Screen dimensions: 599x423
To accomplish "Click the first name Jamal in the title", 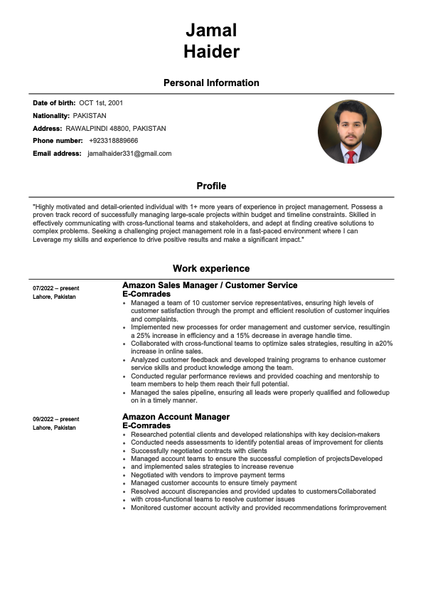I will coord(211,30).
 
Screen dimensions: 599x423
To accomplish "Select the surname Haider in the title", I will coord(211,51).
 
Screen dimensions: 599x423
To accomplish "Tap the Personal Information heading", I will coord(211,83).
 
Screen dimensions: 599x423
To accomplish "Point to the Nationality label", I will coord(51,115).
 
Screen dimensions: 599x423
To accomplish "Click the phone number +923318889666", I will coord(114,141).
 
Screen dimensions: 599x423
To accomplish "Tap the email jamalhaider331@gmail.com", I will coord(129,153).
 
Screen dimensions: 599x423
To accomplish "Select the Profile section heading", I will coord(211,186).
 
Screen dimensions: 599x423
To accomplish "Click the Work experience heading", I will coord(211,269).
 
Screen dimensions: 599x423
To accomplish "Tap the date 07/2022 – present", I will coord(56,288).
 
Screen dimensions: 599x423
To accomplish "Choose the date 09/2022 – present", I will coord(56,419).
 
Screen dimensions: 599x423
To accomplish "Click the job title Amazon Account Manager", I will coord(176,417).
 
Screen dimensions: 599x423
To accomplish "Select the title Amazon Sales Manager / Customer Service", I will coord(210,285).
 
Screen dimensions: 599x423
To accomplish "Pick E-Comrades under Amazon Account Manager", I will coord(146,425).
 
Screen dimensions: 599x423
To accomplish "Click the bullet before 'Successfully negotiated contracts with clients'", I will coord(124,451).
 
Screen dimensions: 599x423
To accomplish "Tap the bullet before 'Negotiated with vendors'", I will coord(124,475).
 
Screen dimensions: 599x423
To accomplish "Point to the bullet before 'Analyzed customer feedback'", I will coord(124,360).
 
